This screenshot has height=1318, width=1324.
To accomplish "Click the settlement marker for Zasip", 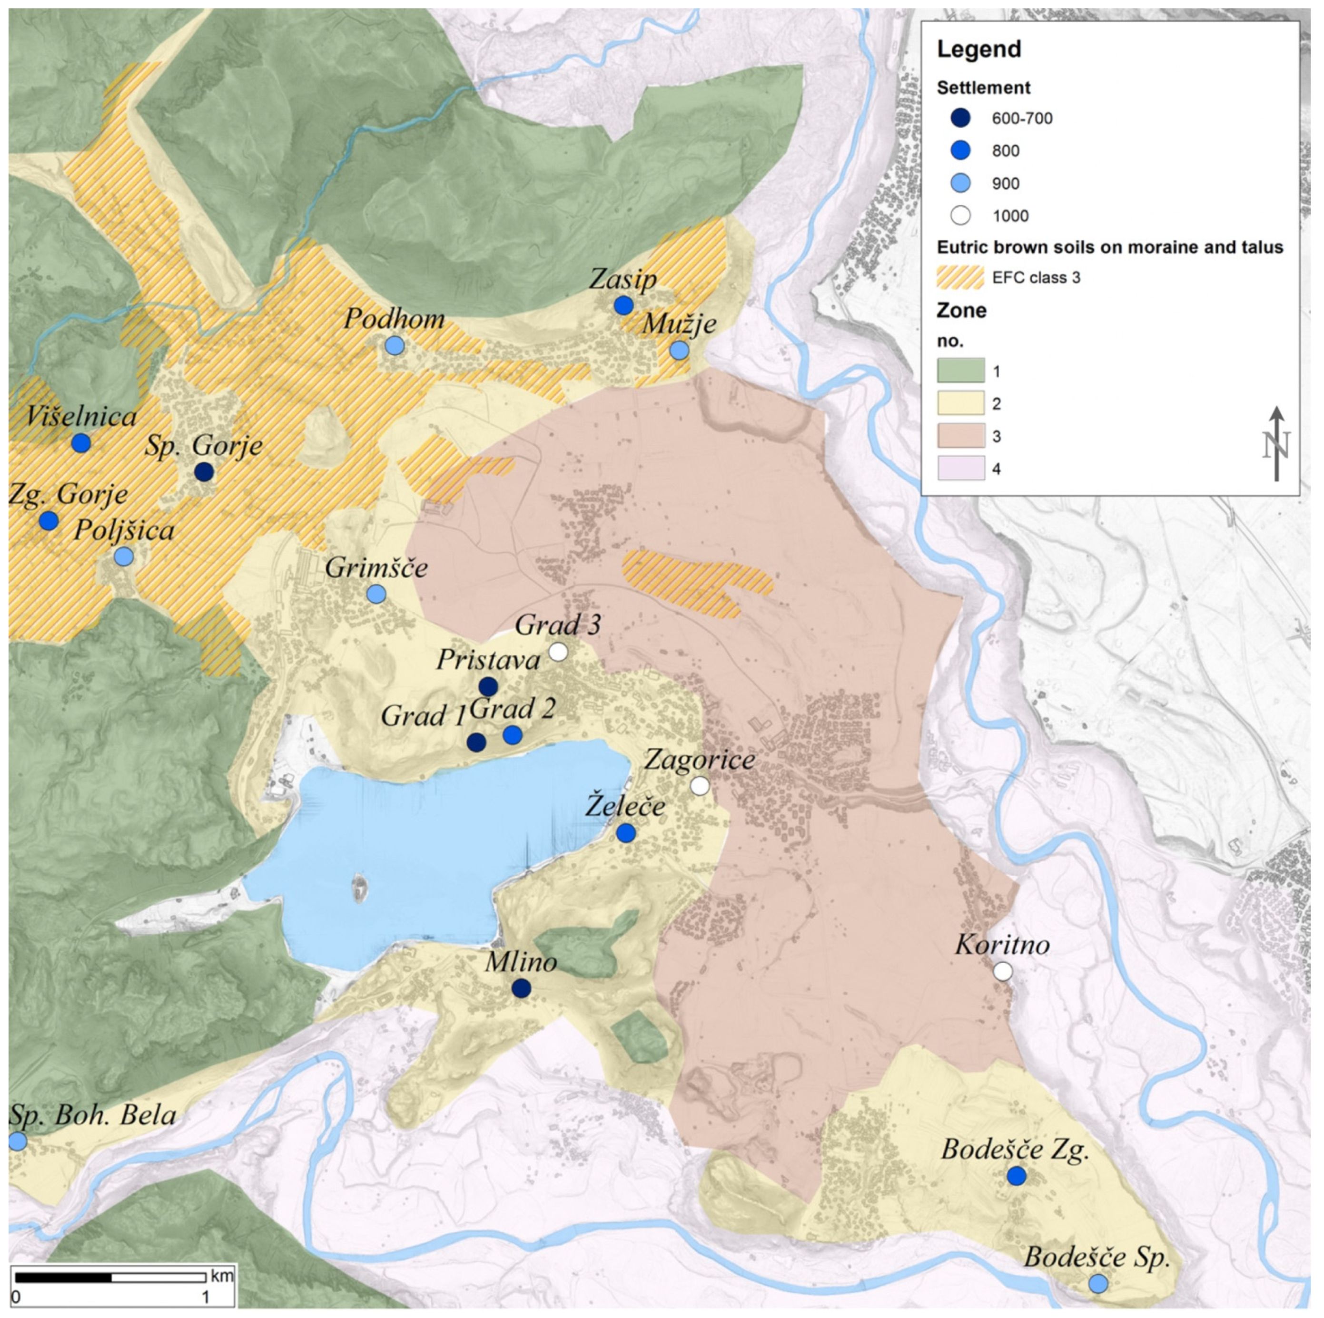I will point(623,305).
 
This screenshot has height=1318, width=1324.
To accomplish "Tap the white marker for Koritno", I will point(1003,971).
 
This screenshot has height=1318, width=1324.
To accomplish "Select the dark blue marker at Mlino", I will point(522,988).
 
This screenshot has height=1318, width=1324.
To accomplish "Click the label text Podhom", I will point(394,319).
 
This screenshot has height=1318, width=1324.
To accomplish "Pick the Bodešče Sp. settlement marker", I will point(1098,1284).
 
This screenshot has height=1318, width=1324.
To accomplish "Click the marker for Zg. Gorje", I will point(48,521).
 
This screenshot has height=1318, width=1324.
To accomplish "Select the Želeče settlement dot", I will point(626,833).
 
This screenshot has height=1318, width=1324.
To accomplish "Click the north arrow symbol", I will point(1276,444).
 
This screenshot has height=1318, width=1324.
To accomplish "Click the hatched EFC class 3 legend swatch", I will point(961,277).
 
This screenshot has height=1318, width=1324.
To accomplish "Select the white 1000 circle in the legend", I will point(961,216).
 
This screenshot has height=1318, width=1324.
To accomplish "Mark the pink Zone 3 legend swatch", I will point(961,436).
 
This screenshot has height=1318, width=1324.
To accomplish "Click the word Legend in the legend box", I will point(978,49).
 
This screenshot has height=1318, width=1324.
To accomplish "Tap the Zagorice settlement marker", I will point(700,786).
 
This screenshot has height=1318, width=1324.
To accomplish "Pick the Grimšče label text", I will point(376,568).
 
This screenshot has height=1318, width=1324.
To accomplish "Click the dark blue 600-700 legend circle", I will point(961,118).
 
